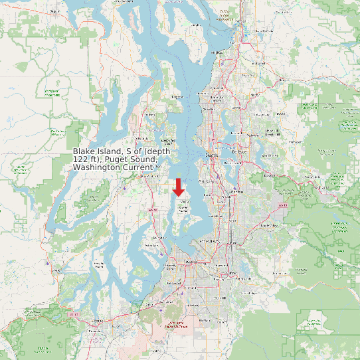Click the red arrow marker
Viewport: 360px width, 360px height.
(x=178, y=187)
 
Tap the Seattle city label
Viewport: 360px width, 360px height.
(x=212, y=155)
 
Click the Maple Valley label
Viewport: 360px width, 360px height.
(x=267, y=225)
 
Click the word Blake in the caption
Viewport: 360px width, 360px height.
(x=84, y=152)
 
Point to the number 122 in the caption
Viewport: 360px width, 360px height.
(x=82, y=160)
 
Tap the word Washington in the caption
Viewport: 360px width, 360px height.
(x=97, y=168)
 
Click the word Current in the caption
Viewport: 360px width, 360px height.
(x=137, y=168)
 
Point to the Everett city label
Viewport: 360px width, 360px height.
(x=228, y=19)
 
